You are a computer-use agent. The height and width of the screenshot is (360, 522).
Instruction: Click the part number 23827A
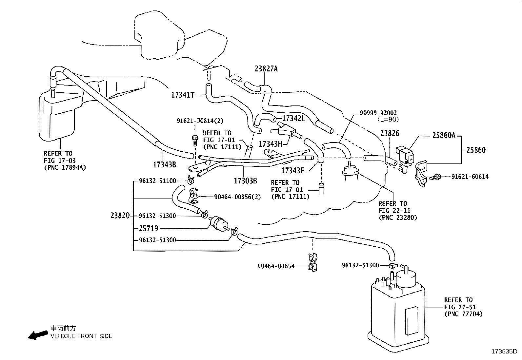(266, 69)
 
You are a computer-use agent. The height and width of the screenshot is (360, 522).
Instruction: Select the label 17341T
(183, 95)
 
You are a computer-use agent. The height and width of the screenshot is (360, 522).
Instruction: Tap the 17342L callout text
(293, 118)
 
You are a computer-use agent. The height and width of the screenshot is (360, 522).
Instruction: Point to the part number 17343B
(165, 164)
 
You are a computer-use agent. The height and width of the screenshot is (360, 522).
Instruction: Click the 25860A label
(444, 135)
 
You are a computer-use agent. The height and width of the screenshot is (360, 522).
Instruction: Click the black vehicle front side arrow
(37, 335)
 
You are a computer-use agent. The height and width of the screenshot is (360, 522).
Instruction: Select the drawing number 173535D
(506, 351)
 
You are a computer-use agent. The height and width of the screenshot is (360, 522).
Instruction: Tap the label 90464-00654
(276, 266)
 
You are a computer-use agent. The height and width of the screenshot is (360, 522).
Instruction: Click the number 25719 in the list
(148, 228)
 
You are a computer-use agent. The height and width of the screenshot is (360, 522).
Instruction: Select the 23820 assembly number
(120, 216)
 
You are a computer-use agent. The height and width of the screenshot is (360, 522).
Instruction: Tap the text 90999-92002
(378, 113)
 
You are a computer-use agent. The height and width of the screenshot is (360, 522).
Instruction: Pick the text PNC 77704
(463, 314)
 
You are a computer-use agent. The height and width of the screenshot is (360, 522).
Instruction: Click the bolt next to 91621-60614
(435, 177)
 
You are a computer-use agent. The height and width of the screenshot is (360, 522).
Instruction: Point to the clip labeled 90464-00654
(312, 263)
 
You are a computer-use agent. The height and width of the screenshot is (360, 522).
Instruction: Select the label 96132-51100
(157, 181)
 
